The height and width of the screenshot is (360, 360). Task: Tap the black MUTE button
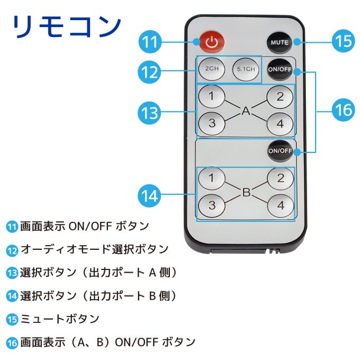tap(280, 42)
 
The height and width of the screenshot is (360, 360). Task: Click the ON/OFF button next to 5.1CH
tap(280, 69)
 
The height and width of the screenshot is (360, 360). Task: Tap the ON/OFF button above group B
tap(280, 150)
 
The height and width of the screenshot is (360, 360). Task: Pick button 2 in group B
tap(280, 178)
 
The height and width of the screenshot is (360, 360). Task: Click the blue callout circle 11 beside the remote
tap(151, 42)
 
